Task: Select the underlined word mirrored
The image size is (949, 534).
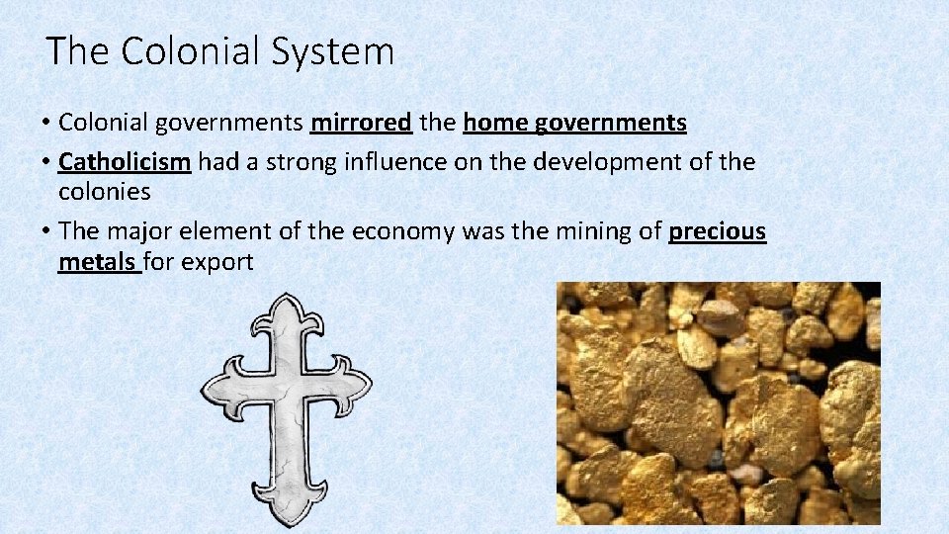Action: point(361,123)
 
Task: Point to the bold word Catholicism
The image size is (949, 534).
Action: point(125,161)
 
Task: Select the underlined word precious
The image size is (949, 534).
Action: point(717,231)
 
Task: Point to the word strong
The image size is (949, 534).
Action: point(302,161)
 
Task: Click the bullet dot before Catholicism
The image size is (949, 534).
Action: point(46,162)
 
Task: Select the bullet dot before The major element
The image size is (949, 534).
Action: point(46,232)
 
